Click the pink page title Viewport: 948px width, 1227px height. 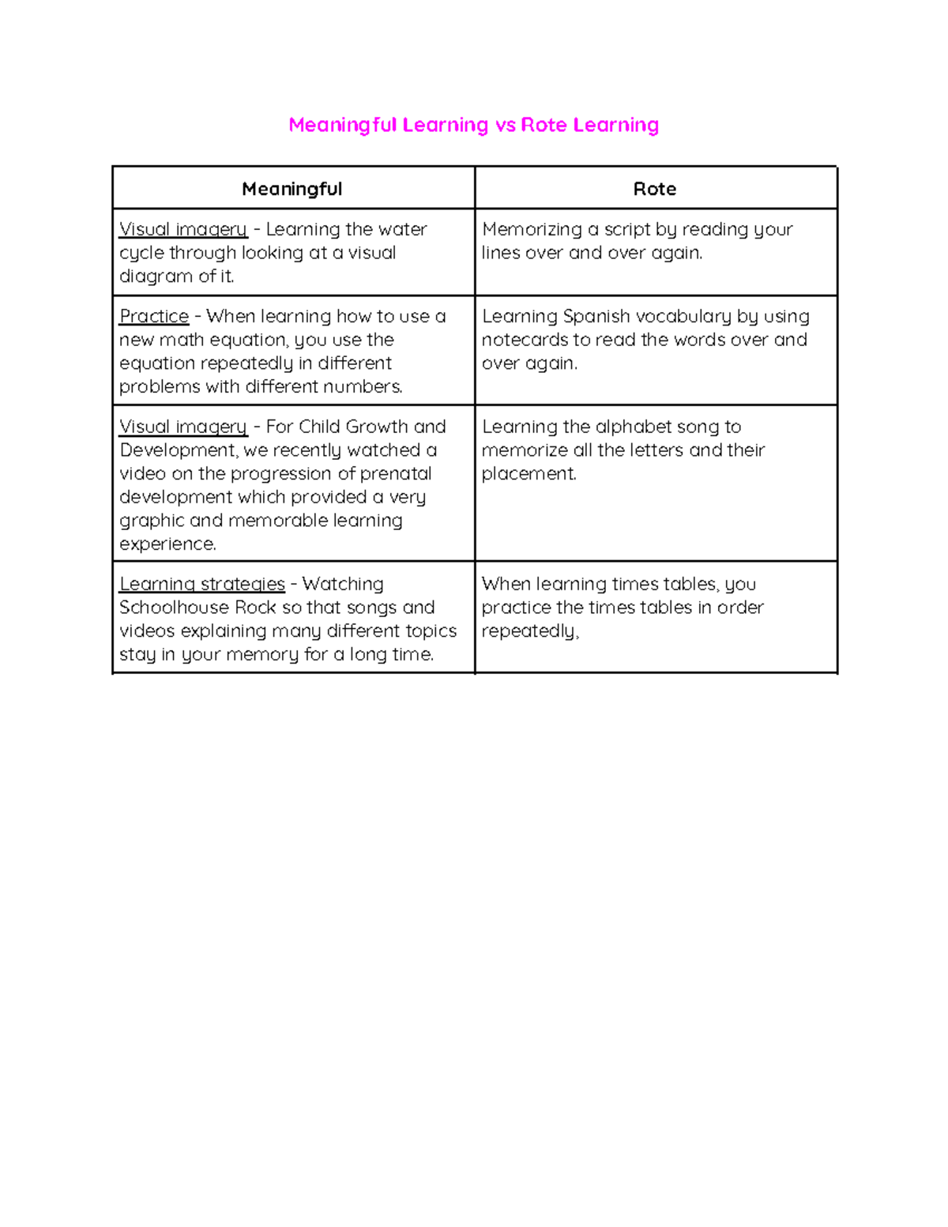pos(473,125)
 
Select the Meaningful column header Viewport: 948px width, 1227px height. pos(292,189)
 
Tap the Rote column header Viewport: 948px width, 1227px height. pos(654,189)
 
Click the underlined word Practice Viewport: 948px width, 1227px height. pos(154,316)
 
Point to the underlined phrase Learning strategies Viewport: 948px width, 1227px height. pos(201,584)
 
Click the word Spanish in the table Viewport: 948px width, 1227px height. pos(596,316)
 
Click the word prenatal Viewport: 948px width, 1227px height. pos(396,473)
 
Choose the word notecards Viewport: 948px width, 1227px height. pos(525,340)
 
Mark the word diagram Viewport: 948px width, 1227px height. pos(156,277)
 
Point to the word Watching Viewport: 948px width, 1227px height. pos(343,584)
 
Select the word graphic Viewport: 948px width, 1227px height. pos(152,521)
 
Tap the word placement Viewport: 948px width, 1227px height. pos(529,473)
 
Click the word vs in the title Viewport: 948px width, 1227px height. pos(505,125)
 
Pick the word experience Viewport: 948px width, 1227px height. pos(167,544)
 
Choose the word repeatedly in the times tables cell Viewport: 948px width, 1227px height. pos(529,631)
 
